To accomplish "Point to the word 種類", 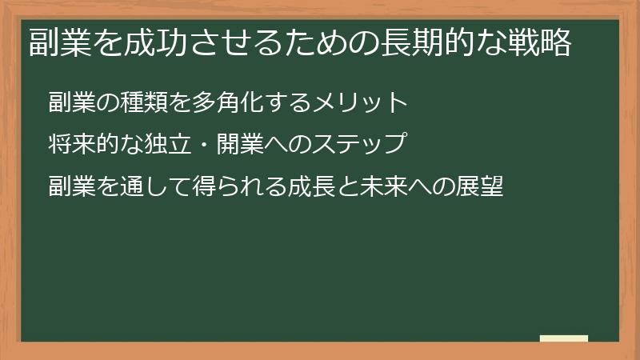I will click(145, 102).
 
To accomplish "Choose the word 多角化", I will click(230, 102).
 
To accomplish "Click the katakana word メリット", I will click(361, 102).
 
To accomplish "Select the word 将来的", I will click(84, 145).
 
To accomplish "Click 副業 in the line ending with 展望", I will click(72, 187).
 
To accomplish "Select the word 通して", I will click(156, 187).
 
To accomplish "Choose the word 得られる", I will click(240, 187).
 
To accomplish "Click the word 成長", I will click(312, 187).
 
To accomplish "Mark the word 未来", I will click(384, 187).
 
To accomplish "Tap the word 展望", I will click(480, 187).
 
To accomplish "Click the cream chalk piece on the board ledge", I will click(564, 338).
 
